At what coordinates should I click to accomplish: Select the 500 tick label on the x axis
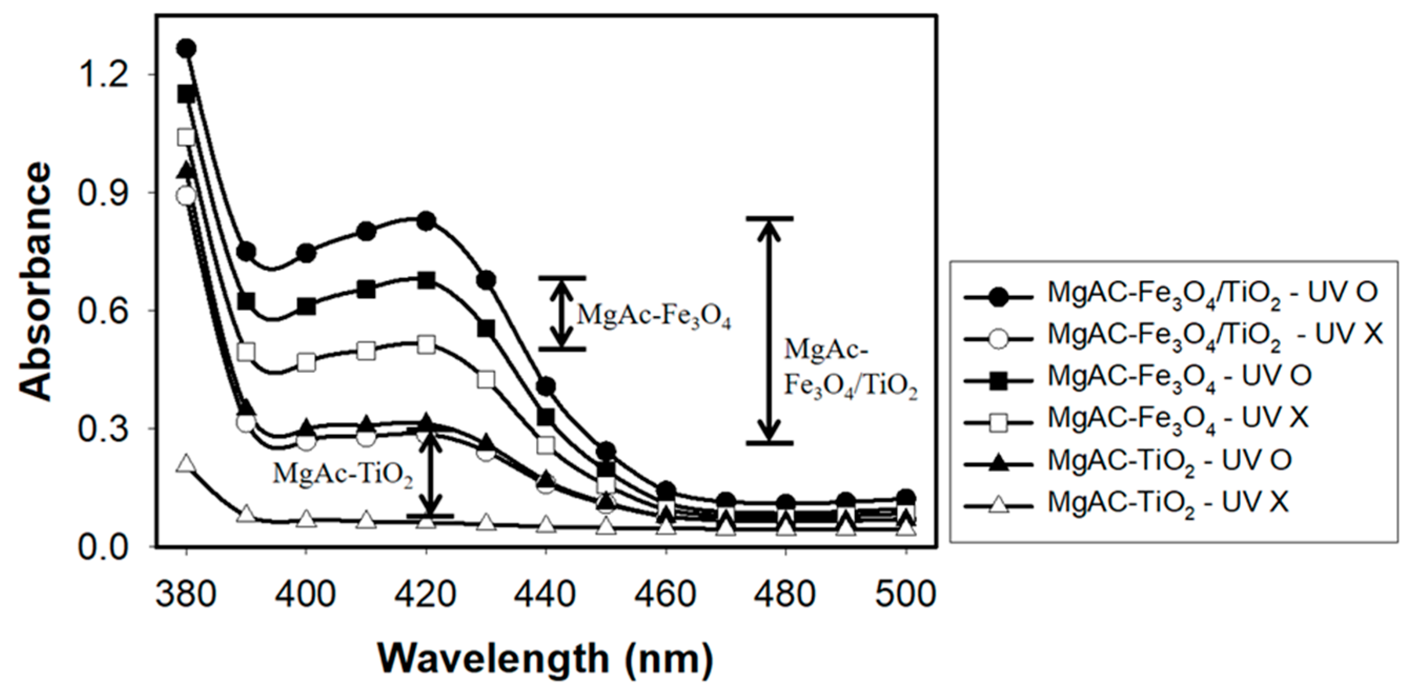click(905, 593)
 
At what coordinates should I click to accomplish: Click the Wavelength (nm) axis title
click(545, 659)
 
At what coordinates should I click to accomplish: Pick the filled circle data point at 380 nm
click(187, 49)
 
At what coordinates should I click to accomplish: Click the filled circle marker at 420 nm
click(426, 221)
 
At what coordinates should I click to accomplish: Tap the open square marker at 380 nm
click(187, 137)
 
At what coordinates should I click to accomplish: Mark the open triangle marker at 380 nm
click(187, 464)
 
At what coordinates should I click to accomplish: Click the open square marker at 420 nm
click(426, 345)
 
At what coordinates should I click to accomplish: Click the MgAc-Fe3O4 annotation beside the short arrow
click(654, 316)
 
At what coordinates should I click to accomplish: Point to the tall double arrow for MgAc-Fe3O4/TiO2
click(770, 330)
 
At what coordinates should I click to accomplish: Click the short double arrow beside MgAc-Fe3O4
click(562, 313)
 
